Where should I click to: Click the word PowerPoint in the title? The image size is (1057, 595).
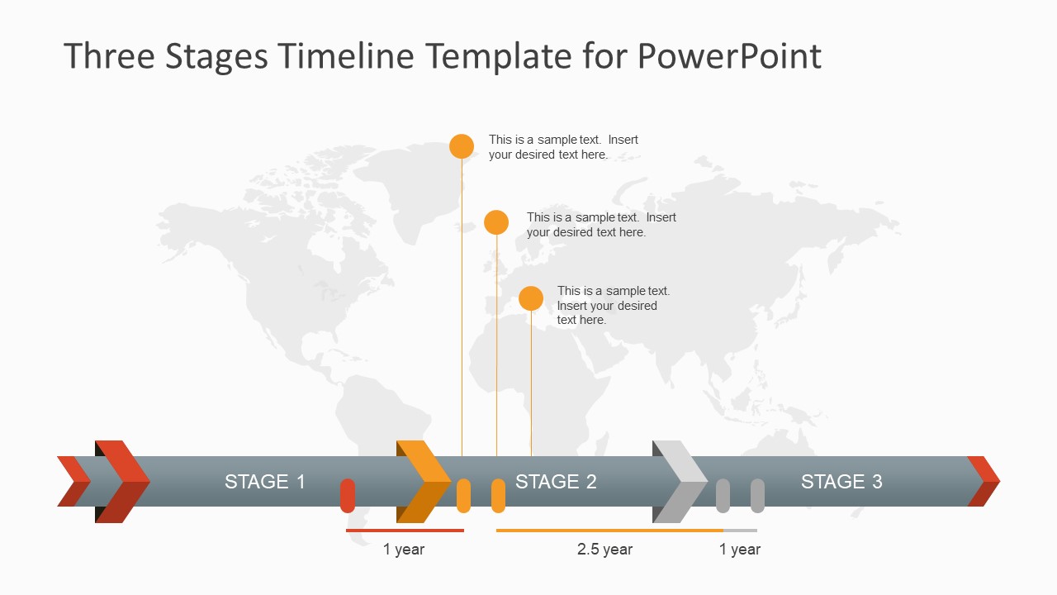[x=729, y=56]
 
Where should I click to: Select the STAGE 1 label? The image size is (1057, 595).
[x=265, y=482]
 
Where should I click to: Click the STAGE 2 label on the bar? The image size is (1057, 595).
[x=556, y=482]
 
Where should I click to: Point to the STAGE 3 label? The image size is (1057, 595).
[x=841, y=482]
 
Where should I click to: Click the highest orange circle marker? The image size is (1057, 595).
[x=462, y=146]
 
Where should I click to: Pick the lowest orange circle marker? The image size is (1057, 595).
[x=531, y=298]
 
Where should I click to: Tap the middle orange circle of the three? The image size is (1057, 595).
[x=496, y=222]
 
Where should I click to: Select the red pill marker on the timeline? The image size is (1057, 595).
[x=348, y=495]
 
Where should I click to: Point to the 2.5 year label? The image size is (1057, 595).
[x=604, y=550]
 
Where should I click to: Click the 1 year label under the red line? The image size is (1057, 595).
[x=404, y=550]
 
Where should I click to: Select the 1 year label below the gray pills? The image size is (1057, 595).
[x=740, y=550]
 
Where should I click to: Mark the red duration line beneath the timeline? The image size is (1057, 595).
[x=405, y=531]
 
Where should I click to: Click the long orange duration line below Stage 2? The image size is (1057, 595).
[x=609, y=531]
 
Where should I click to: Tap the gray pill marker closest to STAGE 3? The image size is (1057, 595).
[x=757, y=495]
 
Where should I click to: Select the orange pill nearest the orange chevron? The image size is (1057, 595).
[x=464, y=495]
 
